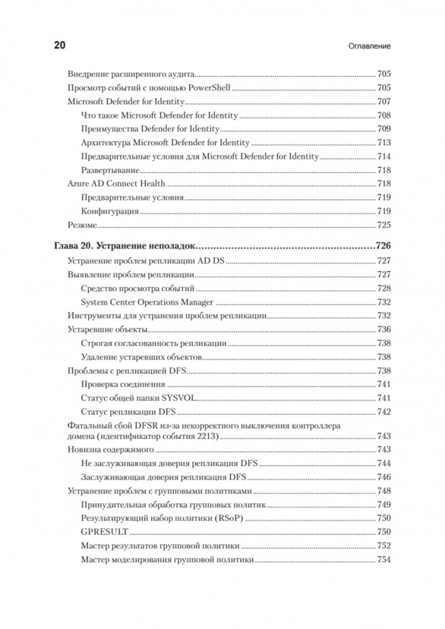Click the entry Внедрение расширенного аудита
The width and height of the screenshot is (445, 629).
coord(131,73)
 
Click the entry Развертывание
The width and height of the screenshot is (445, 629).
coord(109,170)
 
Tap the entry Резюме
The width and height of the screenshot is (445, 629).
coord(82,225)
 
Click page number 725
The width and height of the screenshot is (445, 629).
coord(383,225)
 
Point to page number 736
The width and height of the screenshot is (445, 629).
coord(383,329)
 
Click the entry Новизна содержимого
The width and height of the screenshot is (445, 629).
coord(111,449)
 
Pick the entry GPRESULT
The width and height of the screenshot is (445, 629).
coord(104,532)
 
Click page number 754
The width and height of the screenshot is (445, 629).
coord(383,559)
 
